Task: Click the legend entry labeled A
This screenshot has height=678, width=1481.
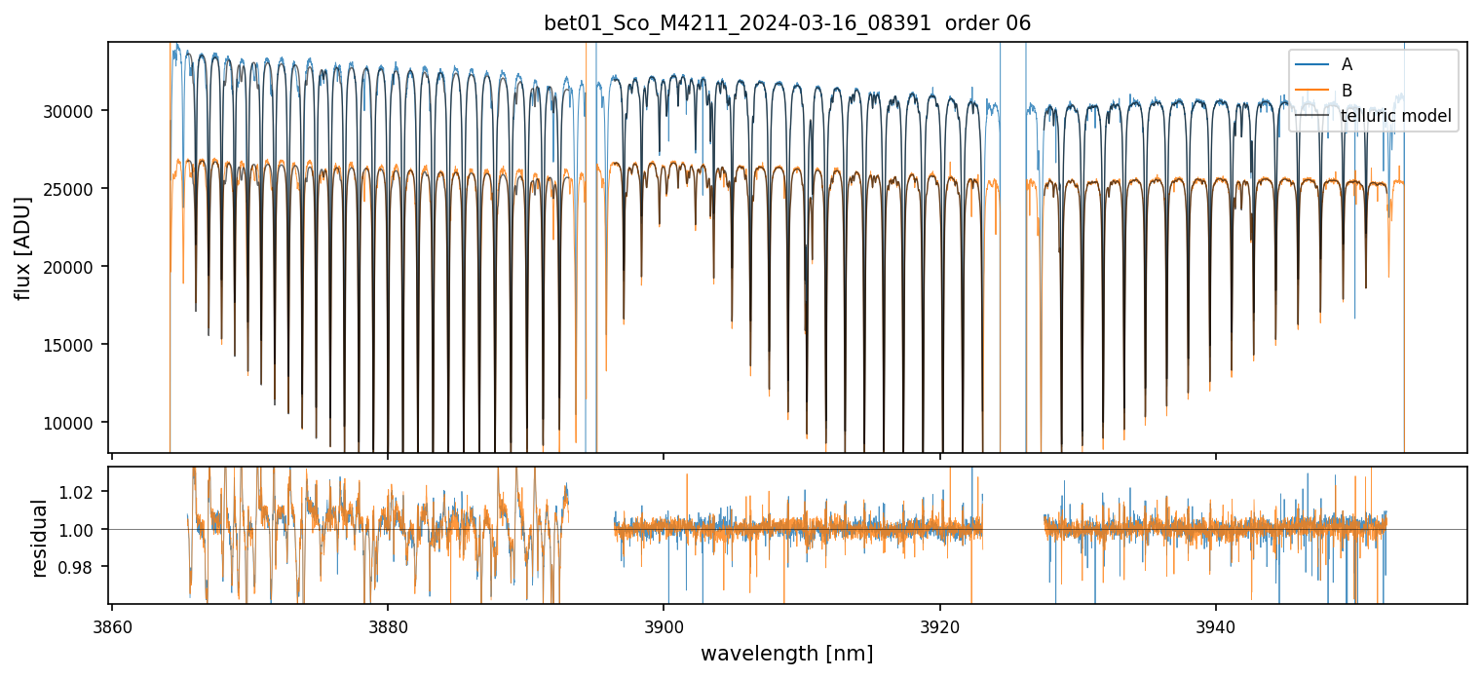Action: click(1347, 64)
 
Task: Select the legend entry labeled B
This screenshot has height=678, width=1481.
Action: click(1347, 90)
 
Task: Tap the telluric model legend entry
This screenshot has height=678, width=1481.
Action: click(1395, 116)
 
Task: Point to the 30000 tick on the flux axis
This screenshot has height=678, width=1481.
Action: click(71, 111)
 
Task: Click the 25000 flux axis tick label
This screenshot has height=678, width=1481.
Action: click(71, 189)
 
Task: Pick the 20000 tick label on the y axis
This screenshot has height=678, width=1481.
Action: click(71, 267)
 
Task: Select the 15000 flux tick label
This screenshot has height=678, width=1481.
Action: click(71, 345)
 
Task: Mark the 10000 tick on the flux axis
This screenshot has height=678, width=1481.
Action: click(71, 423)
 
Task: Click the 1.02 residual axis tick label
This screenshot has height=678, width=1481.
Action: click(81, 493)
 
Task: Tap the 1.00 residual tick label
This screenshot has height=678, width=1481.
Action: click(81, 530)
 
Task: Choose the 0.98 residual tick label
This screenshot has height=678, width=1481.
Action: click(81, 567)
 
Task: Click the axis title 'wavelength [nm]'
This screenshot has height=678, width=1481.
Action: click(786, 653)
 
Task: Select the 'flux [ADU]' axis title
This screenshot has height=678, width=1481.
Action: click(22, 247)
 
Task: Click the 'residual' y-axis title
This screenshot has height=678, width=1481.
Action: click(39, 538)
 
